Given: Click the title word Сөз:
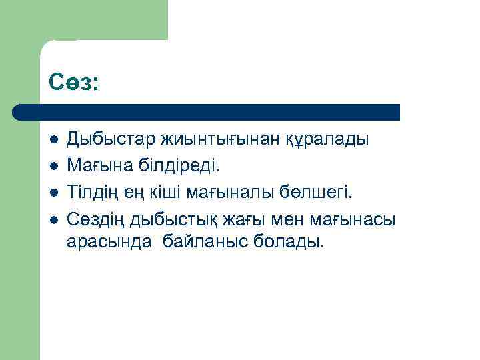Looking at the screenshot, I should pyautogui.click(x=73, y=83).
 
